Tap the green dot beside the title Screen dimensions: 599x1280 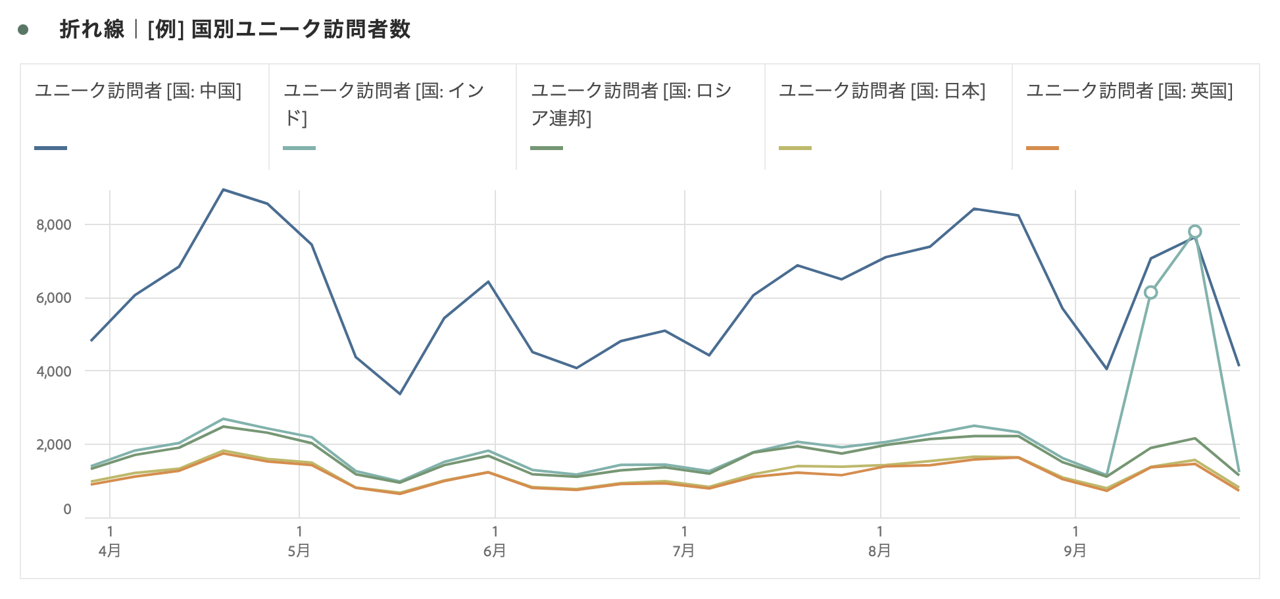point(24,30)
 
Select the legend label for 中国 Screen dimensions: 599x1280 point(138,91)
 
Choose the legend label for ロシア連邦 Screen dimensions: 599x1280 point(631,103)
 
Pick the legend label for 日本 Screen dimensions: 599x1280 point(881,91)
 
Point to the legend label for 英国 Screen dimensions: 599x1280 point(1129,91)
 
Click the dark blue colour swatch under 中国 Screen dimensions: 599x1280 point(51,148)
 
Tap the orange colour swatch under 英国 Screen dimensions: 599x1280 point(1043,148)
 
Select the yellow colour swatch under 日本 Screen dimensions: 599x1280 point(795,148)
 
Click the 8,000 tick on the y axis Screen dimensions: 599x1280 point(54,225)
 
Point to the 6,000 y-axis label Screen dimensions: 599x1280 point(54,298)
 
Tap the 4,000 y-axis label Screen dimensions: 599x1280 point(54,371)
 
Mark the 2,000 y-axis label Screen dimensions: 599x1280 point(54,444)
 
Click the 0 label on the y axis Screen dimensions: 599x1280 point(67,509)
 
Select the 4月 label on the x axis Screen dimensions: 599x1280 point(110,551)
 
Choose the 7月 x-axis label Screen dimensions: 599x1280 point(684,551)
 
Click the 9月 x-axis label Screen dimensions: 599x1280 point(1075,551)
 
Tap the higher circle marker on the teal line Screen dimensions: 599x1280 point(1195,232)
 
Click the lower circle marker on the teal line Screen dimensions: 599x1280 point(1150,292)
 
